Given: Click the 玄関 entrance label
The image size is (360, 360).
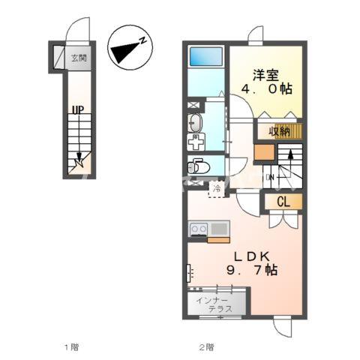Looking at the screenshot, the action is click(x=79, y=58).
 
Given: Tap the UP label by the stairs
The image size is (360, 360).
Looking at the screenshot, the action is click(x=78, y=110).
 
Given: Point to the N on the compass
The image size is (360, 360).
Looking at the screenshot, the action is click(x=142, y=40).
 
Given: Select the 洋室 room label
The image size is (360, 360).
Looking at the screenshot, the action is click(x=265, y=76).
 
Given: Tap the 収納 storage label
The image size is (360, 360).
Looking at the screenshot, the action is click(x=279, y=131).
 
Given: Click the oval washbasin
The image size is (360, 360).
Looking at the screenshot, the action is click(x=195, y=123).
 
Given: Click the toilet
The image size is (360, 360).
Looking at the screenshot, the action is click(x=198, y=166).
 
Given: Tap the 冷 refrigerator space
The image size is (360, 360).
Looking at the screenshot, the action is click(x=217, y=189).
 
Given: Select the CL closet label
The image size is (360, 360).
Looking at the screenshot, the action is click(x=283, y=202).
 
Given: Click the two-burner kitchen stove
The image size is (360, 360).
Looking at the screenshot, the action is click(x=199, y=229).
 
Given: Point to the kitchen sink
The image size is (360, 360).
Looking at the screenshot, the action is click(x=219, y=229).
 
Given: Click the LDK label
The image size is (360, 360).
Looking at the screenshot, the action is click(x=251, y=256).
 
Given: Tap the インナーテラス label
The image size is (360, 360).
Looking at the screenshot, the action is click(x=214, y=304).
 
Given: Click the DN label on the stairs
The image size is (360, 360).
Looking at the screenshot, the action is click(x=270, y=177).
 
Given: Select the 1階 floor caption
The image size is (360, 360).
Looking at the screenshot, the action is click(x=72, y=347).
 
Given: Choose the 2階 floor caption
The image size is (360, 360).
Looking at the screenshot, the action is click(x=206, y=347).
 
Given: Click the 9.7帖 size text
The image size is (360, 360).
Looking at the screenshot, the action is click(x=252, y=270).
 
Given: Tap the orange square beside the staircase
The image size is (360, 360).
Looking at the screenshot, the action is click(x=264, y=152).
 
